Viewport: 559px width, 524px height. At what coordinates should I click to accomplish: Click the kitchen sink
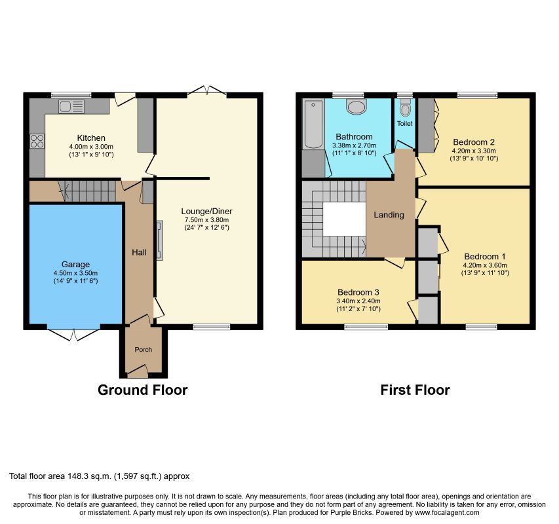tap(71, 107)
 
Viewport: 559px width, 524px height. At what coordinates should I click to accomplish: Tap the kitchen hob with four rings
tap(37, 141)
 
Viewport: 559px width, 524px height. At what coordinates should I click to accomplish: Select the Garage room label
tap(75, 265)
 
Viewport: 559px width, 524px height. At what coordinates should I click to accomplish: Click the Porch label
tap(144, 350)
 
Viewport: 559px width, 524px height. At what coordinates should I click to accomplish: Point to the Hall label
tap(139, 252)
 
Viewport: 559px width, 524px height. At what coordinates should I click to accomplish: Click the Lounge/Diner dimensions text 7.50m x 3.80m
tap(207, 220)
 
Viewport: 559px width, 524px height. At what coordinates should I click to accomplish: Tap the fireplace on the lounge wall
tap(160, 240)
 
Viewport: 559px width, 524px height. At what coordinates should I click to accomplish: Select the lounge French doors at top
tap(207, 90)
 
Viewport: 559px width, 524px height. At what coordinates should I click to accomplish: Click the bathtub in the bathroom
tap(313, 124)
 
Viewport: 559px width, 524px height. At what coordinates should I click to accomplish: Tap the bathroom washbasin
tap(357, 106)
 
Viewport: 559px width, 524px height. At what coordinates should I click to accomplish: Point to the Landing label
tap(389, 215)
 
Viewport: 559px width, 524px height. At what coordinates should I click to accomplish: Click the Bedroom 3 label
tap(358, 292)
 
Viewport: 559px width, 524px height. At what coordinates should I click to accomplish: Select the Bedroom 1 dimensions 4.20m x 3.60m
tap(485, 265)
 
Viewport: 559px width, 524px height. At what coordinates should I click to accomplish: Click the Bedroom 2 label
tap(474, 142)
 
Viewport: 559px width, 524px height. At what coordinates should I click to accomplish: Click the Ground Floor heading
tap(143, 390)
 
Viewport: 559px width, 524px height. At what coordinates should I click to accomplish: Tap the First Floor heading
tap(415, 390)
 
